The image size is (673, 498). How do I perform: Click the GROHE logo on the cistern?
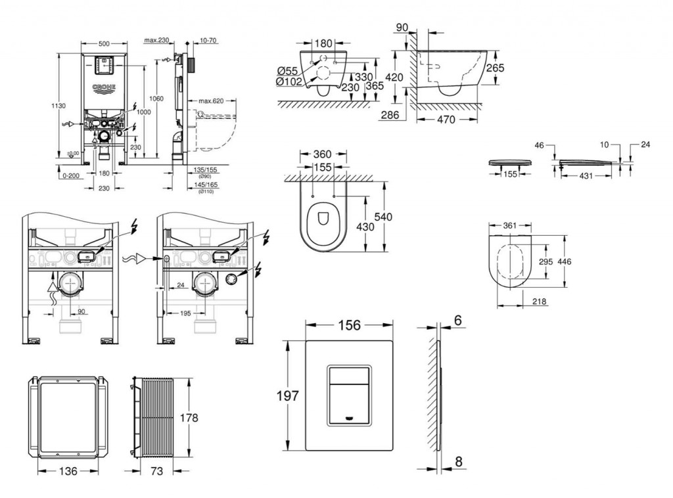[104, 87]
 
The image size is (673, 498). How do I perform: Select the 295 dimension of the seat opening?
[544, 261]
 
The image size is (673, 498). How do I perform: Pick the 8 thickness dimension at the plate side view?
[458, 461]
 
